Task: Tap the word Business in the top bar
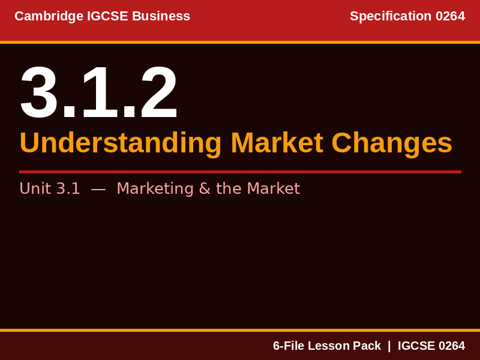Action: (161, 16)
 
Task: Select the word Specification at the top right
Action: (391, 16)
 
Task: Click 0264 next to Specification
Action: (450, 16)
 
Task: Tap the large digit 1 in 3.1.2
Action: (98, 93)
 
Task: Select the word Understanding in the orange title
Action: (121, 143)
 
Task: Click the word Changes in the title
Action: (392, 143)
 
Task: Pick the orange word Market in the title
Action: (277, 143)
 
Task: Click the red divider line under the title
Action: (240, 172)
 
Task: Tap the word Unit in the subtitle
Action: (35, 188)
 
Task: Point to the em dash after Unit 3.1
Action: (98, 188)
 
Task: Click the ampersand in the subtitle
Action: (204, 188)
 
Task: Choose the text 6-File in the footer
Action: (289, 346)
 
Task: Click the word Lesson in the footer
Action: (328, 346)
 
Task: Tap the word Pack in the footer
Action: (366, 346)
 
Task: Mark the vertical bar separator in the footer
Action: (389, 346)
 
